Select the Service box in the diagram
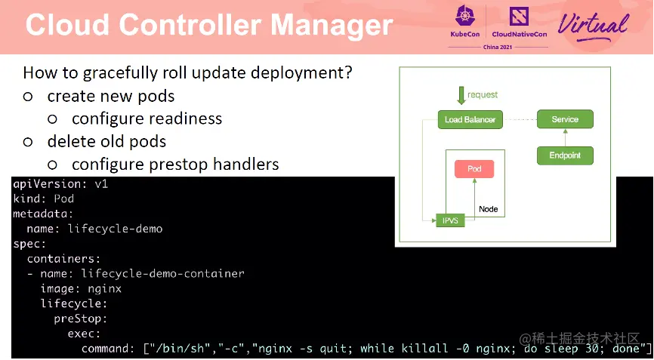[565, 119]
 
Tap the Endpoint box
[565, 155]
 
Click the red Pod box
[474, 169]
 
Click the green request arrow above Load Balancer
[461, 96]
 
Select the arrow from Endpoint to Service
[565, 137]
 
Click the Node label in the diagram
[489, 209]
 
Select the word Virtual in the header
[593, 25]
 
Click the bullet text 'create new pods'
[111, 97]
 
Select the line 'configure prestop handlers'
[175, 164]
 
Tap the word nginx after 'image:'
[105, 288]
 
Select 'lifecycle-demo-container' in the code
[162, 273]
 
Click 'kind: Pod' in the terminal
[43, 198]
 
